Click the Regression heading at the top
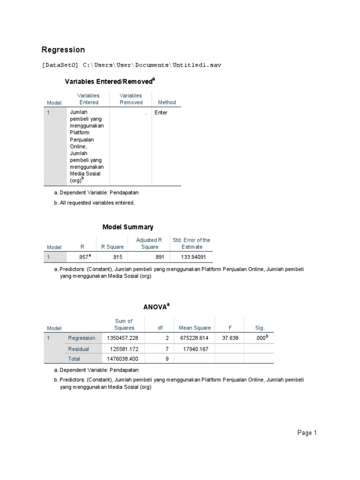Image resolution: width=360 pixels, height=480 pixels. (63, 50)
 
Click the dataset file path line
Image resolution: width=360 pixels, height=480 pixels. (131, 65)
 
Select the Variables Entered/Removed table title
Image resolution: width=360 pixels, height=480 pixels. (109, 82)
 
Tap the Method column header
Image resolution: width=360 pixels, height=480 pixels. (167, 102)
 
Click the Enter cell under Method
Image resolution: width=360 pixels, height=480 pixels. (161, 113)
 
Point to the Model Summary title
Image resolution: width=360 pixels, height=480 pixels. (128, 227)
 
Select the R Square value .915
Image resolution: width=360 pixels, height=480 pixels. (118, 257)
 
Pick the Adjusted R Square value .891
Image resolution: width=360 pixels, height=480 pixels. (160, 257)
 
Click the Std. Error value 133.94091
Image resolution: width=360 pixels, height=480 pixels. (196, 257)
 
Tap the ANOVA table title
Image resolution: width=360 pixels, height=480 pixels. (156, 307)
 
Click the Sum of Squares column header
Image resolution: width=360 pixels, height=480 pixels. (124, 324)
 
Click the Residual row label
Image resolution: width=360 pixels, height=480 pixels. (78, 349)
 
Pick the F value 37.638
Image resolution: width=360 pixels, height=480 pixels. (231, 338)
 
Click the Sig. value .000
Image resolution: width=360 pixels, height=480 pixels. (261, 338)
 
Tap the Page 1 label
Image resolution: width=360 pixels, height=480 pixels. (307, 433)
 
